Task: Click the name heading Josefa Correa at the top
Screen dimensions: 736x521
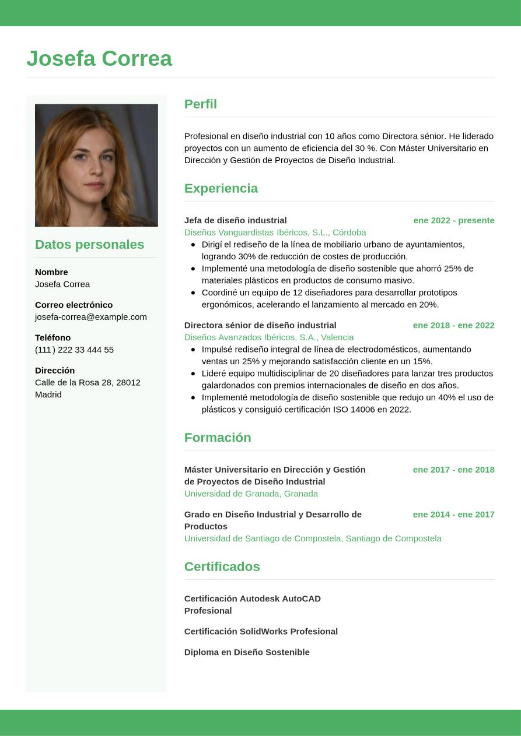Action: pos(99,58)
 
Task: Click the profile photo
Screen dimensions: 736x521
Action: pos(96,165)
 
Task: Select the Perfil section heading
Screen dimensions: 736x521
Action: pos(200,104)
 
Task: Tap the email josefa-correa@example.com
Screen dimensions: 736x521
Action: pos(91,316)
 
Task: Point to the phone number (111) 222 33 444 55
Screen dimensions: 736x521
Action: pos(74,350)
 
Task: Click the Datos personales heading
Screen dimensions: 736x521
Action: pos(89,244)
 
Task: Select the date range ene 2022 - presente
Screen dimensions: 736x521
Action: pos(453,220)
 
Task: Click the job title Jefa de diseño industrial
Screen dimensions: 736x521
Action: pos(235,220)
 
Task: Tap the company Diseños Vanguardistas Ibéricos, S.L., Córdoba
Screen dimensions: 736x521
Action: pos(275,232)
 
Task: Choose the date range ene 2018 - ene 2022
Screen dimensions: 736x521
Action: pos(453,325)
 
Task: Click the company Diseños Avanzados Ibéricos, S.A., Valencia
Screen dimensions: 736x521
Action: pos(269,337)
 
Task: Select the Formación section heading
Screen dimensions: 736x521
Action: pos(218,437)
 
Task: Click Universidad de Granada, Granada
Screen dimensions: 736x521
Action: pos(251,494)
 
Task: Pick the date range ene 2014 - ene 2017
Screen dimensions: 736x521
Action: pos(453,514)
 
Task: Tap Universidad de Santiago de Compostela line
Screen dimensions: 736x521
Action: pos(313,538)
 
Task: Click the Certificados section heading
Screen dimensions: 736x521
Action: pos(222,566)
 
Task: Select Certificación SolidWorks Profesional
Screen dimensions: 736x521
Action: pos(261,631)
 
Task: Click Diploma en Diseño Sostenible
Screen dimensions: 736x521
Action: pos(247,652)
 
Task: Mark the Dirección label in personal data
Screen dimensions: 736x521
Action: pos(55,370)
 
